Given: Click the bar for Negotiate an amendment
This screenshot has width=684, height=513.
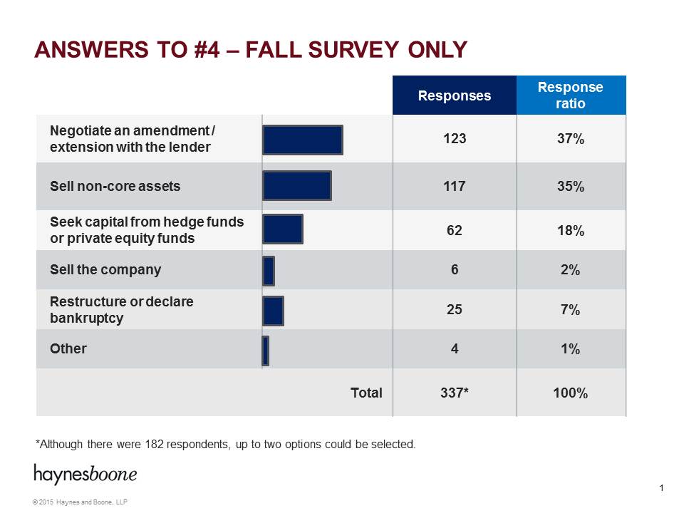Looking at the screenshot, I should pos(303,140).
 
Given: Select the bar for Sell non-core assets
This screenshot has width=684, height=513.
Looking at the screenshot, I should pos(297,186).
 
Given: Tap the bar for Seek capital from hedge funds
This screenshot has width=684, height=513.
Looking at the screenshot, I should pos(283,229).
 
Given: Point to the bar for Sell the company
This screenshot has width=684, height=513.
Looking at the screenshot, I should pos(269,271).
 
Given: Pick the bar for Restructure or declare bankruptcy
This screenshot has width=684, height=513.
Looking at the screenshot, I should pos(273,311).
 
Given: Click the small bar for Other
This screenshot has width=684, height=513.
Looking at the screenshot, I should pos(266,351).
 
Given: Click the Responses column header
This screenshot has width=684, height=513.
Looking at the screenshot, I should pos(454,95).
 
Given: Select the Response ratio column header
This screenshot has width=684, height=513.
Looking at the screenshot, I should pos(570,95).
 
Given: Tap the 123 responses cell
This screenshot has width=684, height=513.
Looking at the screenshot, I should pos(454,139).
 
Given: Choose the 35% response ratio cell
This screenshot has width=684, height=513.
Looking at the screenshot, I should pos(570,187).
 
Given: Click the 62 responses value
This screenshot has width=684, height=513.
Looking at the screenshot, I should pos(454,230).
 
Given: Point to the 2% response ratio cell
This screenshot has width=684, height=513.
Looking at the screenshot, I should pos(570,270).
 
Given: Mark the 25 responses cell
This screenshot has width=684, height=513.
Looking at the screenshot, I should pos(454,310).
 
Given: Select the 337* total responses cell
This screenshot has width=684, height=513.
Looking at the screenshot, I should pos(454,393).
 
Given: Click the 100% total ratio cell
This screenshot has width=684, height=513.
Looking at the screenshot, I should pos(570,393).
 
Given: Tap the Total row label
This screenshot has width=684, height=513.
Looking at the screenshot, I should pos(366,393).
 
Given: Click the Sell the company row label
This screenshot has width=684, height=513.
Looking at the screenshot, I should pos(105,270).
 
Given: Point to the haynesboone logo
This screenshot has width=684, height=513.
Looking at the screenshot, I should pos(85,474).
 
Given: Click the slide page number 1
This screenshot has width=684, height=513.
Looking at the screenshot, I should pos(662,488).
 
